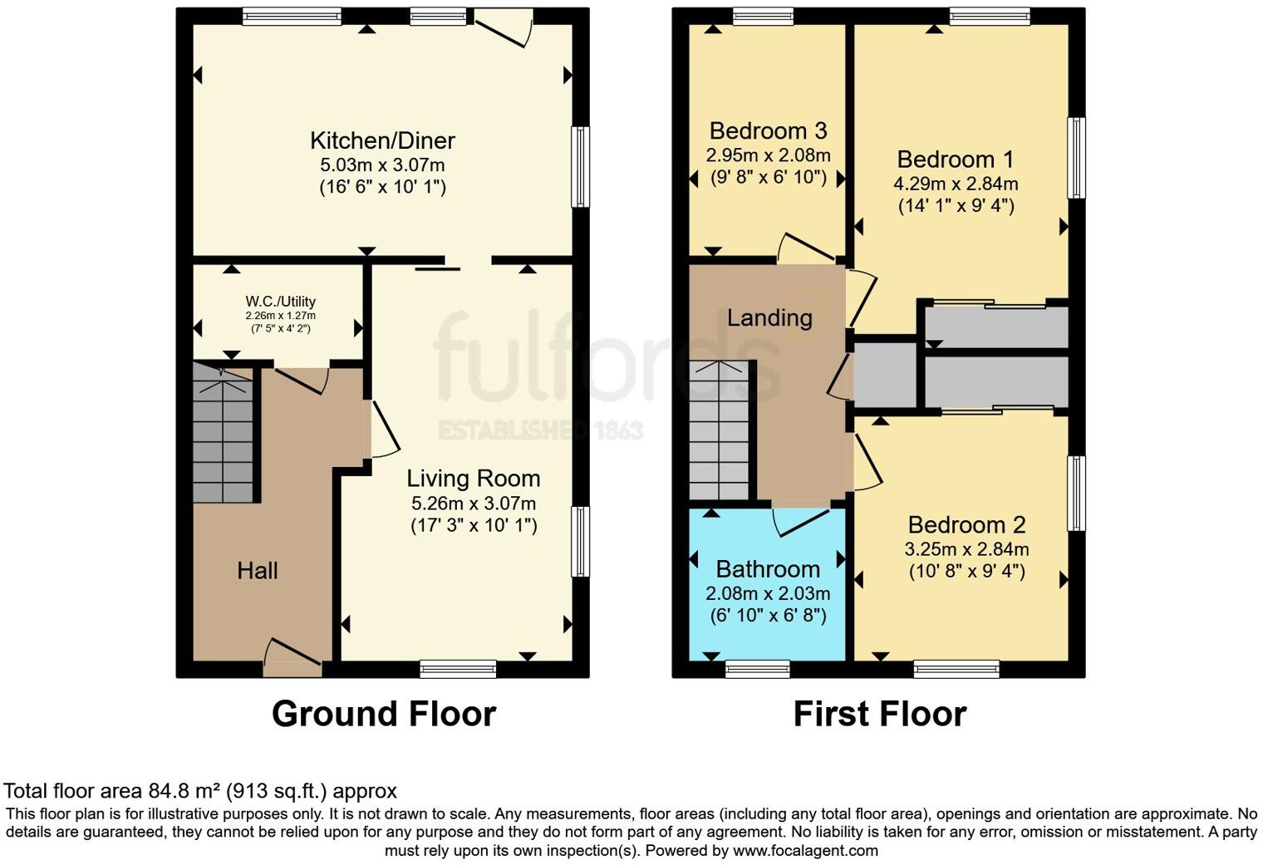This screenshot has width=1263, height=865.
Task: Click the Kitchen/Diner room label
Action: tap(382, 140)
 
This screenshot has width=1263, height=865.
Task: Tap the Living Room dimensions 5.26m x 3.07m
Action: tap(473, 504)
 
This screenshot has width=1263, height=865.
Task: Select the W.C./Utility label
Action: tap(280, 302)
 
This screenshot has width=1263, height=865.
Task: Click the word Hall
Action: tap(257, 571)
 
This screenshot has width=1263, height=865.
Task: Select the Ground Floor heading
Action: tap(383, 715)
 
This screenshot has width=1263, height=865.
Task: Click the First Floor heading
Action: tap(879, 715)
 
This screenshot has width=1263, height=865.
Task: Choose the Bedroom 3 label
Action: tap(768, 131)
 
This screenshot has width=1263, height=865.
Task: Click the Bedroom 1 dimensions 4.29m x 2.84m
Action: tap(956, 184)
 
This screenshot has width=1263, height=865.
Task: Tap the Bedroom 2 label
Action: tap(966, 525)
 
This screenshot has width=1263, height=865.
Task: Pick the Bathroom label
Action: tap(768, 569)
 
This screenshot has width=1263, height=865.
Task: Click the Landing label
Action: tap(769, 317)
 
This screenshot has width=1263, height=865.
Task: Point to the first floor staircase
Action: tap(719, 432)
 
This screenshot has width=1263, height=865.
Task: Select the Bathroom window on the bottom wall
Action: tap(758, 669)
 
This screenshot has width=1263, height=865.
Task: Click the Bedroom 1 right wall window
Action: tap(1076, 158)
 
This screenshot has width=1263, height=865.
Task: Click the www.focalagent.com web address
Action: tap(805, 851)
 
